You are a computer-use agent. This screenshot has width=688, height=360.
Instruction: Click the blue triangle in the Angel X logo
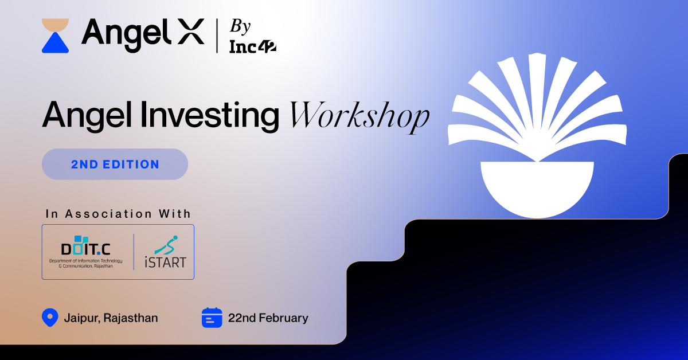pos(55,44)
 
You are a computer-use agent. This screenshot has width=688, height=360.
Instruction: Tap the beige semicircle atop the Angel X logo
pos(55,25)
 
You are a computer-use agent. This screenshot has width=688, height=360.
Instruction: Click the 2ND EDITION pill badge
pos(115,164)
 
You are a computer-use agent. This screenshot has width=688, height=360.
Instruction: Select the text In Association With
pos(118,214)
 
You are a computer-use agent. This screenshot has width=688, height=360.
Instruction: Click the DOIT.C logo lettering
pos(87,248)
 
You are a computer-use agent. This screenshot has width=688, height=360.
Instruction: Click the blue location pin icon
pos(50,317)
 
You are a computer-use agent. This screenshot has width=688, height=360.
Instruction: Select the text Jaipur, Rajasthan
pos(111,318)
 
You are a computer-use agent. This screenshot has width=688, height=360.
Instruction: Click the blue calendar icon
pos(212,318)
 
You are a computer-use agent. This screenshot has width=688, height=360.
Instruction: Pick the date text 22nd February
pos(268,318)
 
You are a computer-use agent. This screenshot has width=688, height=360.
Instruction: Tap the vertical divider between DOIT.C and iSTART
pos(134,252)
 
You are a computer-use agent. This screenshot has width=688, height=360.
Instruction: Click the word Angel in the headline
pos(85,114)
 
